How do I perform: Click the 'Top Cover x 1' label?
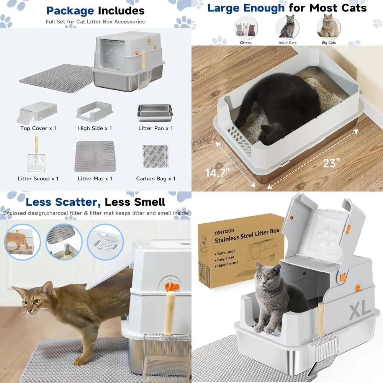(x=38, y=128)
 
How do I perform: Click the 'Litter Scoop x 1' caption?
(x=38, y=178)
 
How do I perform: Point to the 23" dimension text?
(x=331, y=163)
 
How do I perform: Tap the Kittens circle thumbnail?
(x=246, y=28)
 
